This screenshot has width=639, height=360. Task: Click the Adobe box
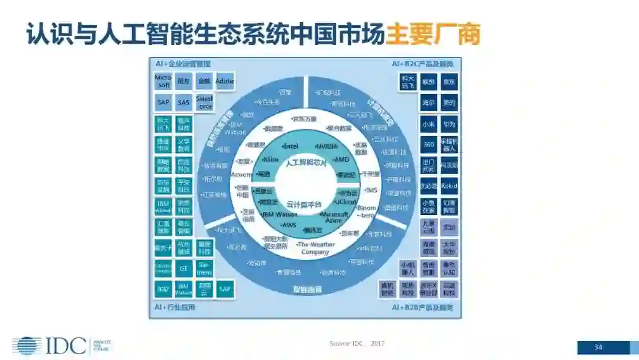(225, 81)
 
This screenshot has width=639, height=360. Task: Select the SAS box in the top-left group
(184, 102)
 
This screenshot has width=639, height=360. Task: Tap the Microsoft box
(163, 81)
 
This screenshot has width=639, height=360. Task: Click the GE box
(183, 268)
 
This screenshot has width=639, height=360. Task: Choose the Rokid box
(449, 186)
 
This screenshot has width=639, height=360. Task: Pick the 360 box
(429, 145)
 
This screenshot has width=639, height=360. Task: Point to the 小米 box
(429, 124)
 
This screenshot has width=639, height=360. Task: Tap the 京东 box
(449, 82)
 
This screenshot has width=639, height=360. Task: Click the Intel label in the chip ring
(291, 146)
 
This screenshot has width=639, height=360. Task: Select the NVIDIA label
(326, 146)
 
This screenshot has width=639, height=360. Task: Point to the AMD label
(341, 159)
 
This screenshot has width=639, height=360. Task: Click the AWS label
(289, 225)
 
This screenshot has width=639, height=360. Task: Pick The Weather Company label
(315, 247)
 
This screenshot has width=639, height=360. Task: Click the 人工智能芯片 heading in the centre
(306, 162)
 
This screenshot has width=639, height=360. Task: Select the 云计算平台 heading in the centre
(304, 203)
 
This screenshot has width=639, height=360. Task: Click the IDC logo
(50, 346)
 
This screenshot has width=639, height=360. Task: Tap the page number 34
(598, 347)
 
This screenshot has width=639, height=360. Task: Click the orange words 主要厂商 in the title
(433, 35)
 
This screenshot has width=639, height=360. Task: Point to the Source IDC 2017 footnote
(357, 343)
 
